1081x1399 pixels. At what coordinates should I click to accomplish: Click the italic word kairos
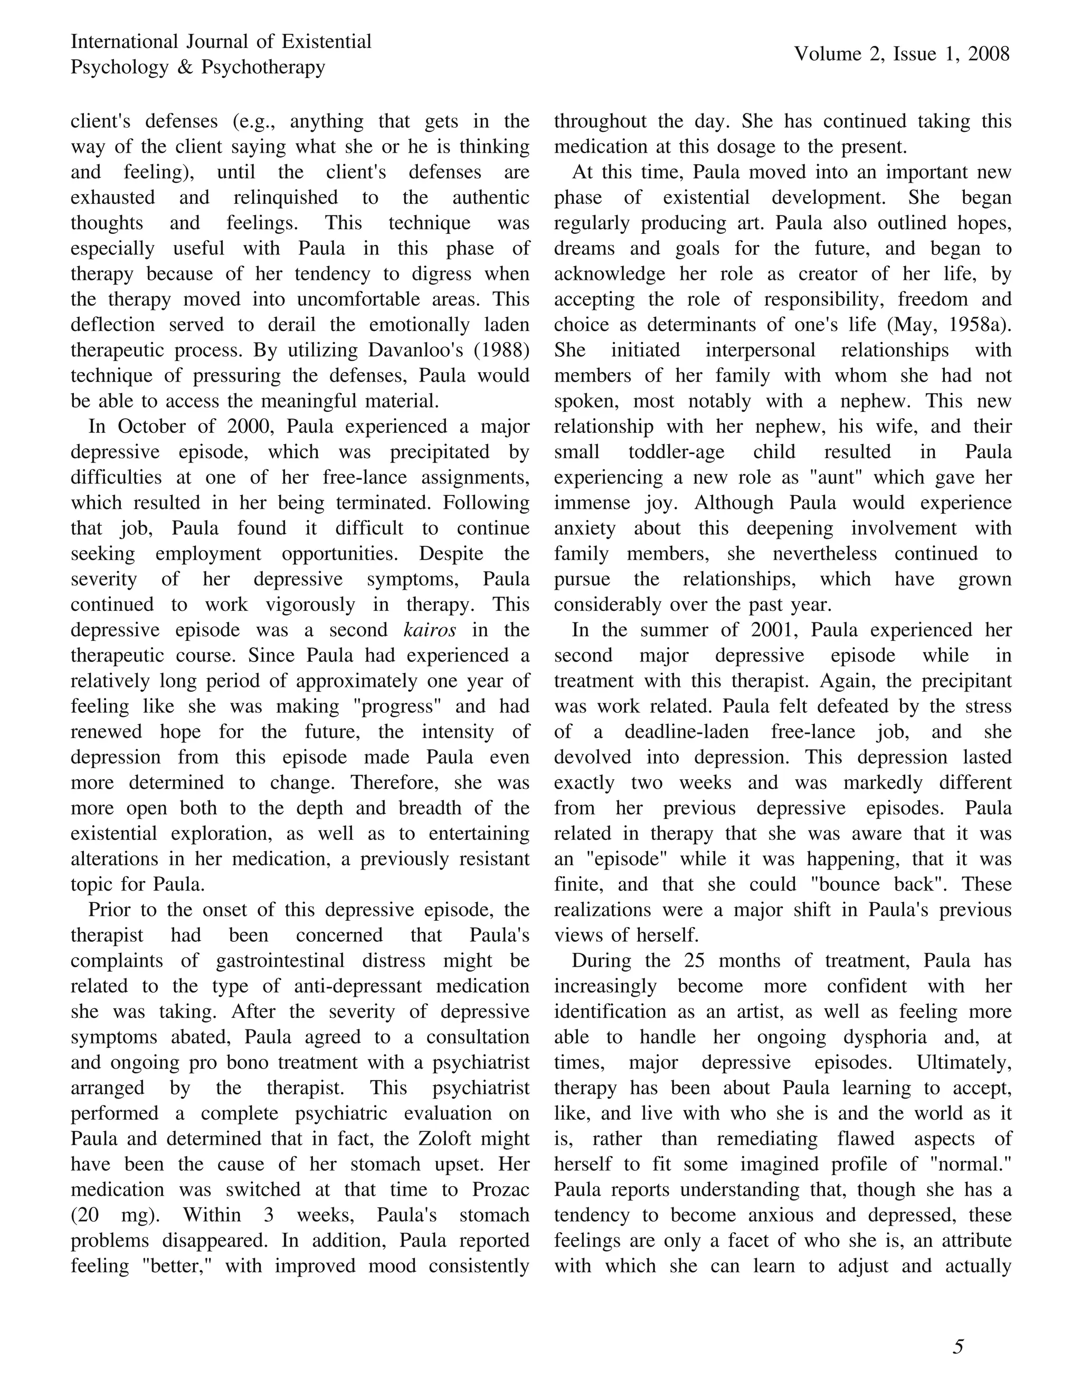[x=430, y=630]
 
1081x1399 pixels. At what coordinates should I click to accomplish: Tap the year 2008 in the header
[x=989, y=54]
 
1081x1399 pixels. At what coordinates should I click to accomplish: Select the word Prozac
[x=500, y=1189]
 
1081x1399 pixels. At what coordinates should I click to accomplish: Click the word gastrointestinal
[x=280, y=961]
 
